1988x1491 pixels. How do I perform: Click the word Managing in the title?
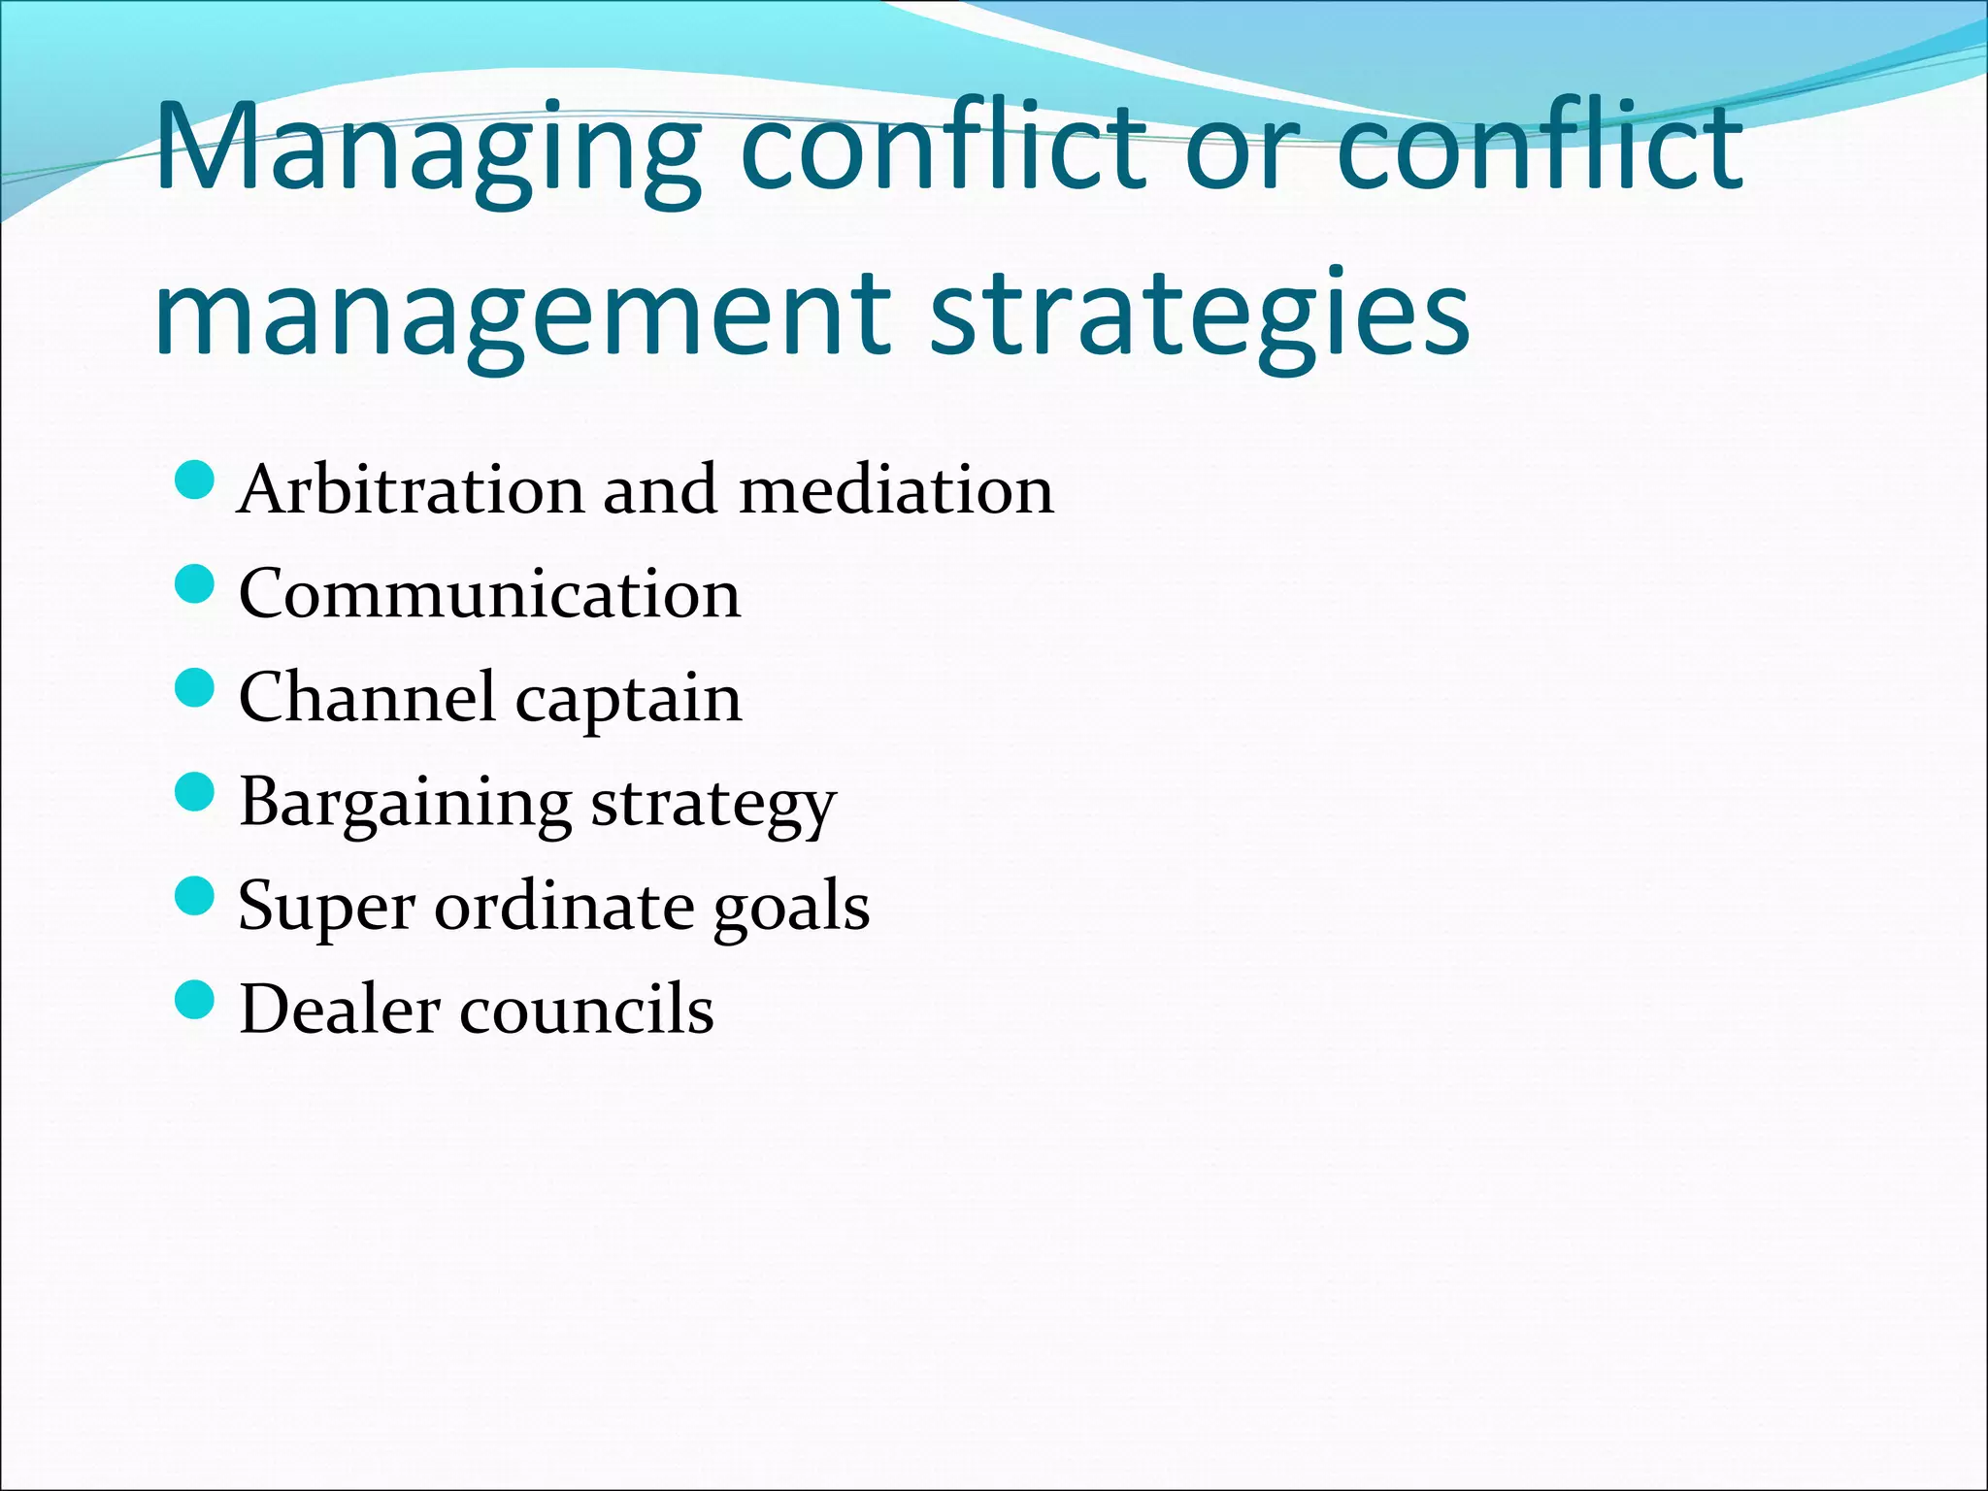pyautogui.click(x=428, y=150)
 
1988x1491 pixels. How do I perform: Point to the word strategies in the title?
pyautogui.click(x=1200, y=315)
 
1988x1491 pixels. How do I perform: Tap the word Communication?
pyautogui.click(x=489, y=594)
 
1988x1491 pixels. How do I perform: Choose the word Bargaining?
pyautogui.click(x=405, y=805)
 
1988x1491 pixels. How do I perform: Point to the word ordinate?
pyautogui.click(x=563, y=907)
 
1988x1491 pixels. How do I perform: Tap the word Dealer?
pyautogui.click(x=339, y=1010)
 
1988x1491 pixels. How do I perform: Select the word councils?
pyautogui.click(x=586, y=1010)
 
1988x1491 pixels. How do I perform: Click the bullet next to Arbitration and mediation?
pyautogui.click(x=195, y=480)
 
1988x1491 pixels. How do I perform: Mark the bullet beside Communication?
pyautogui.click(x=195, y=585)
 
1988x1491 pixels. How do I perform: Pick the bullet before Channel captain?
pyautogui.click(x=195, y=689)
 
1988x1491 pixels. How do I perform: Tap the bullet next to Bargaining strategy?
pyautogui.click(x=195, y=793)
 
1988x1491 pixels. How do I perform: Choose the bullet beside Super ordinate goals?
pyautogui.click(x=195, y=897)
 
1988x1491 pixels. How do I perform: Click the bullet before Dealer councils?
pyautogui.click(x=195, y=1001)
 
